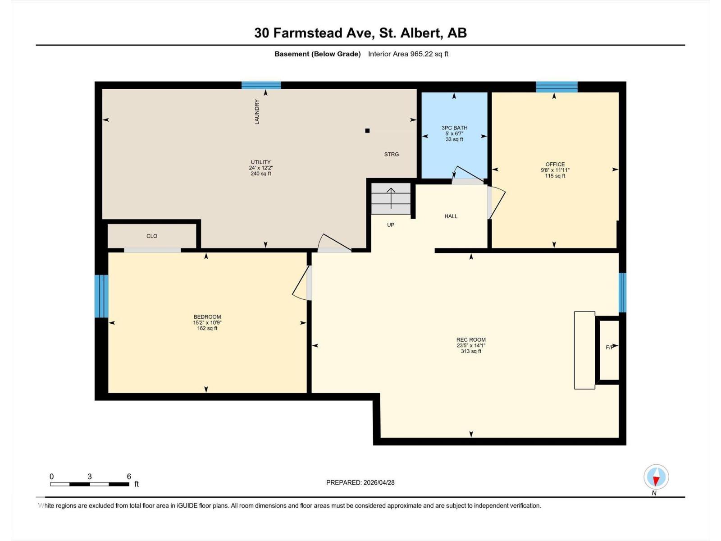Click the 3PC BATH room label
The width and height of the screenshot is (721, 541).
click(x=454, y=128)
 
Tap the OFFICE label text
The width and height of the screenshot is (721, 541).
click(x=555, y=165)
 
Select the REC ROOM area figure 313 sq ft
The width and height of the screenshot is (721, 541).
click(x=471, y=352)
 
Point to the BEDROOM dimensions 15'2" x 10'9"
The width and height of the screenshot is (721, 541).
click(x=207, y=323)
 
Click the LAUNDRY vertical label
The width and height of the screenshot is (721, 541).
click(x=257, y=112)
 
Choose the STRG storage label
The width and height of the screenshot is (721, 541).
click(x=391, y=154)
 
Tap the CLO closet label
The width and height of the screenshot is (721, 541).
click(x=152, y=236)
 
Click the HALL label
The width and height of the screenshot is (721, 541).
click(x=451, y=216)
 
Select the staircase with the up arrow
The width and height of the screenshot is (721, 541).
click(x=391, y=199)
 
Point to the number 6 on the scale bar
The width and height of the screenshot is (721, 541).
click(x=129, y=477)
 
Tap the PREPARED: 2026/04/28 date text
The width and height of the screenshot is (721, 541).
click(x=360, y=482)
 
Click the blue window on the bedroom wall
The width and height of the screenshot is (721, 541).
click(x=101, y=296)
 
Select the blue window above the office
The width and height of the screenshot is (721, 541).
click(x=557, y=87)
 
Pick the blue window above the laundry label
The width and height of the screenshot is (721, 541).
click(x=261, y=85)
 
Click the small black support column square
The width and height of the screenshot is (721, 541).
click(x=367, y=131)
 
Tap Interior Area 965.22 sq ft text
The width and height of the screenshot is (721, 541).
click(x=408, y=54)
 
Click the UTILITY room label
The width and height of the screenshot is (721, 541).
click(x=260, y=162)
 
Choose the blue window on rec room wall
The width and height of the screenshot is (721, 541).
click(x=622, y=293)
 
